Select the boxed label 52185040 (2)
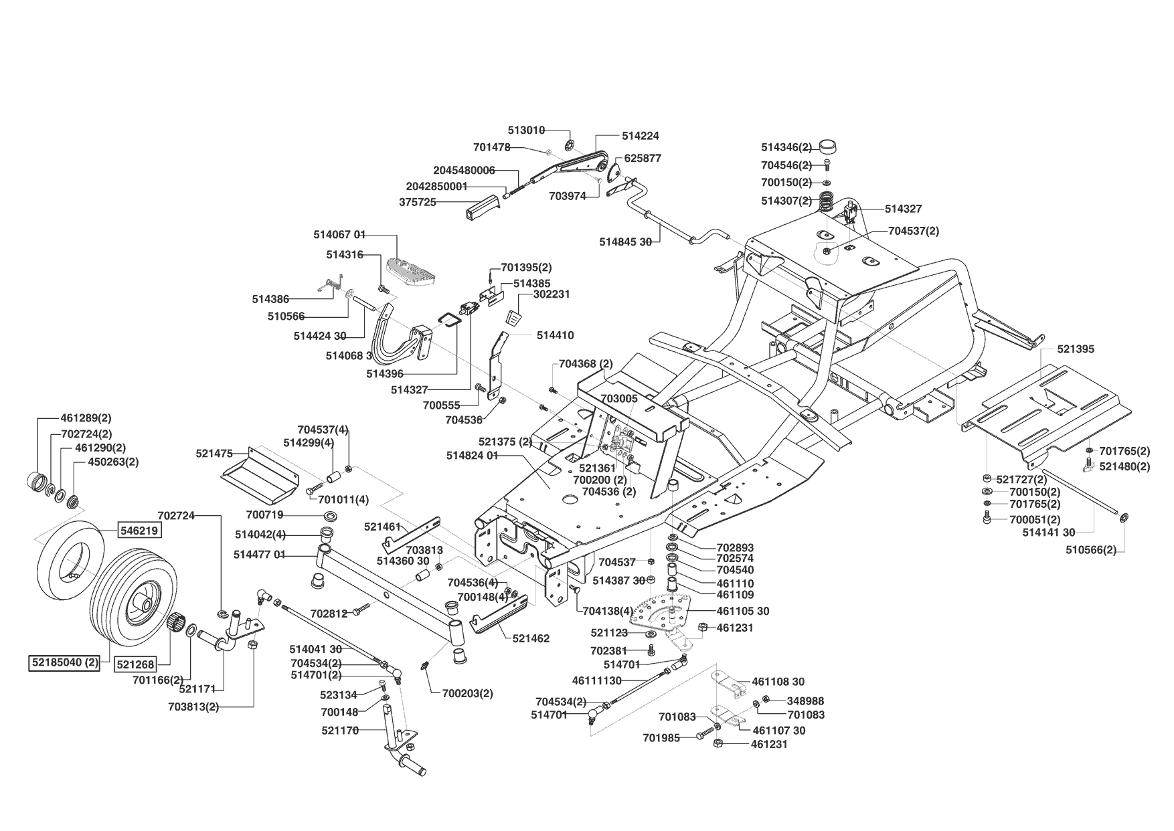point(65,663)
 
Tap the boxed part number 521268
point(135,664)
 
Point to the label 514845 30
point(625,242)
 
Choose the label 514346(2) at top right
point(786,147)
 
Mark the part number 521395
point(1076,349)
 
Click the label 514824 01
point(472,456)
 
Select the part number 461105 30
point(742,611)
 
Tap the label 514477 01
point(260,554)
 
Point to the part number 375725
point(418,201)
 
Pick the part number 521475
point(214,453)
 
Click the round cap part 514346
point(828,145)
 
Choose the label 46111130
point(597,680)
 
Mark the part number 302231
point(552,294)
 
